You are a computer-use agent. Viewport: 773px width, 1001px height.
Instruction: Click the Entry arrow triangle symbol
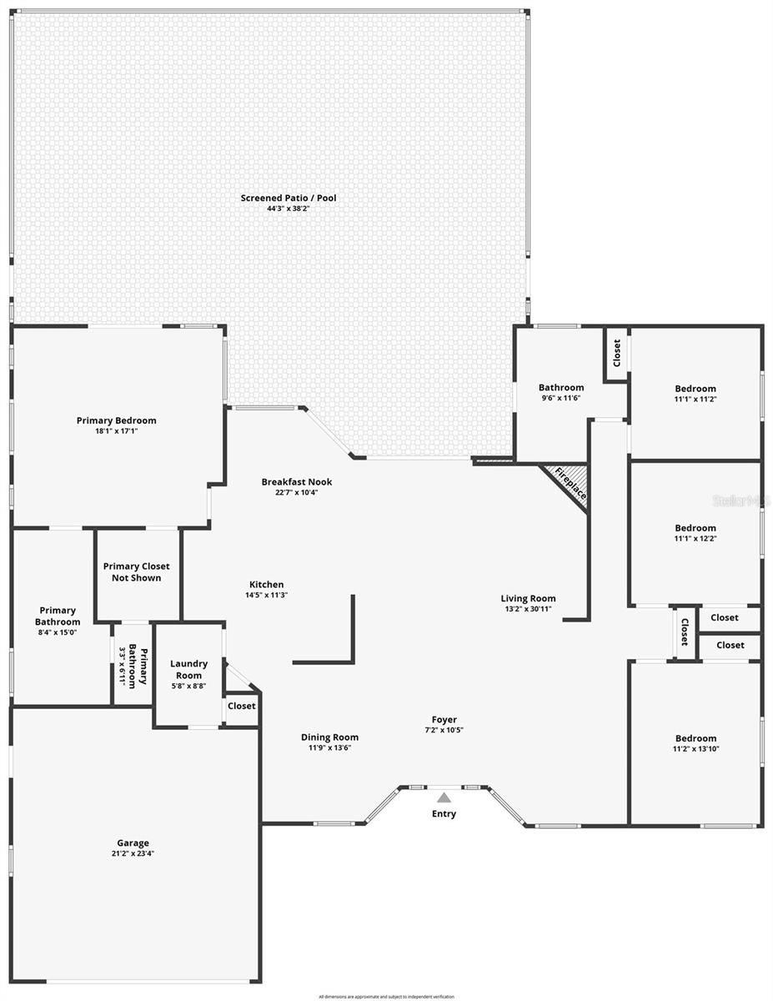pos(444,797)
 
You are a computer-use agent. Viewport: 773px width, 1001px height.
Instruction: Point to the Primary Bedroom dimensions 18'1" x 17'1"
pos(117,431)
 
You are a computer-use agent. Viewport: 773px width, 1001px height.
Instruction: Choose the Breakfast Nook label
pos(296,482)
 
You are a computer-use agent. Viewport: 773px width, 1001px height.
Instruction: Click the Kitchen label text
pos(266,585)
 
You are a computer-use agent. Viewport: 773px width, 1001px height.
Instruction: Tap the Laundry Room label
pos(188,669)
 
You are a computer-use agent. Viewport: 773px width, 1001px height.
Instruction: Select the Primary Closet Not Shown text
pos(136,572)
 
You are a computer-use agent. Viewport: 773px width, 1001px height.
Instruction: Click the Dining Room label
pos(329,737)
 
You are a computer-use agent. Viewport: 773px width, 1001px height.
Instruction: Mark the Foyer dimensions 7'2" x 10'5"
pos(444,730)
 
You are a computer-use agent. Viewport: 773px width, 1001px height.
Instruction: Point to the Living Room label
pos(528,598)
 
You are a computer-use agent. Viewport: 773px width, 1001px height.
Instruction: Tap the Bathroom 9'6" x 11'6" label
pos(561,388)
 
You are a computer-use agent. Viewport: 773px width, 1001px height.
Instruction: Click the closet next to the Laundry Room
pos(242,706)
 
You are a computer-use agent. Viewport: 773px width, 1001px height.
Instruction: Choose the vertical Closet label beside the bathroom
pos(616,353)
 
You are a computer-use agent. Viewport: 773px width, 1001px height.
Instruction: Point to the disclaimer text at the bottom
pos(386,996)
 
